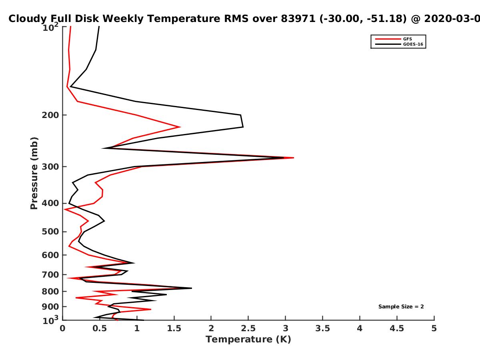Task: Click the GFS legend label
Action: (407, 39)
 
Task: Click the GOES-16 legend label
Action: (413, 44)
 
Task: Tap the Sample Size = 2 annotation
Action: (401, 306)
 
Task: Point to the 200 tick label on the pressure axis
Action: (50, 115)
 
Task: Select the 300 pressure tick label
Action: (50, 167)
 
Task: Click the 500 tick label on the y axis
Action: (50, 232)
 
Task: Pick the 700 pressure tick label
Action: (50, 274)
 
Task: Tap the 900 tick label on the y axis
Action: (50, 307)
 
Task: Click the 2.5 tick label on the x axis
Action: (248, 328)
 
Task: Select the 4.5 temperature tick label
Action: (397, 328)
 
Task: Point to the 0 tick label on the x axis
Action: (62, 328)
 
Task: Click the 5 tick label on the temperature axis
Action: (434, 328)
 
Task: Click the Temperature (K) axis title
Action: (248, 340)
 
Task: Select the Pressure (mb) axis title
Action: (34, 173)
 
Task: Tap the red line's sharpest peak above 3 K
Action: (294, 158)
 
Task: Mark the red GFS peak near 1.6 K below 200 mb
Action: (180, 127)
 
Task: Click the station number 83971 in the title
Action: (298, 18)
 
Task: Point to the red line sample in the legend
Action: (388, 39)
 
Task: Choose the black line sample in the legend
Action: (388, 44)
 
